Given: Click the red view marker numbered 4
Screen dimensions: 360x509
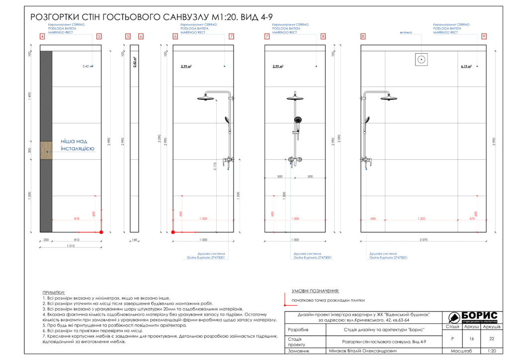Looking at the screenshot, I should coord(42,36).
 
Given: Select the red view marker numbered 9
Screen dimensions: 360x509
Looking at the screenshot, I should coord(484,36).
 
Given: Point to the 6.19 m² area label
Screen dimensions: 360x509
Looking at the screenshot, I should coord(466,66).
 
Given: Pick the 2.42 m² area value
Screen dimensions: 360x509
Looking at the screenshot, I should coord(87,66).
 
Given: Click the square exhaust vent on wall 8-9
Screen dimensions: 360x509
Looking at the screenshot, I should coord(422,60).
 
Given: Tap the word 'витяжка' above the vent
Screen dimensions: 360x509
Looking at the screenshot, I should coord(406,33).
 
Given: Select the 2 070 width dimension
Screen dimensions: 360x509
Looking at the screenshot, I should coord(423,240).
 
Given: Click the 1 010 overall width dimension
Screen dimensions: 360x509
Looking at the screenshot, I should coord(70,246).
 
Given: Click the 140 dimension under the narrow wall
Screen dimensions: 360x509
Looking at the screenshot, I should coord(134,240).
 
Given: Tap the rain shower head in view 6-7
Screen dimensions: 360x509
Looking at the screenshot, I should coord(206,98).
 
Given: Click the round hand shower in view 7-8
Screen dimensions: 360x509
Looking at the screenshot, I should coord(298,120).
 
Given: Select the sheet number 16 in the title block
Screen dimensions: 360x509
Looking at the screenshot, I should coord(472,339).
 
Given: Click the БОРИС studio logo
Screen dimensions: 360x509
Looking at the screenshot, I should coord(473,317).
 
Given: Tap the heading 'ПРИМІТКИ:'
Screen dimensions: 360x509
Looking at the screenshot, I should coord(54,293).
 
